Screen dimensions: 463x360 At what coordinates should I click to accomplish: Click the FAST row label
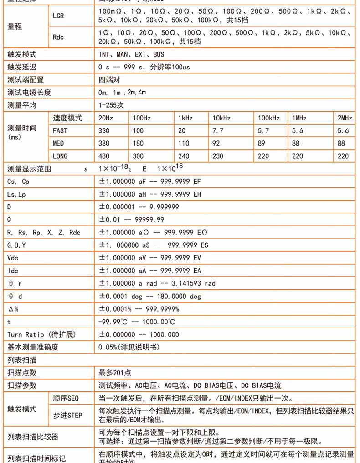click(x=60, y=130)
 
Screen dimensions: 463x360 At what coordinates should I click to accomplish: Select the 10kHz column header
click(x=221, y=118)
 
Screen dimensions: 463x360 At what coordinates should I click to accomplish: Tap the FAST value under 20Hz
click(x=104, y=130)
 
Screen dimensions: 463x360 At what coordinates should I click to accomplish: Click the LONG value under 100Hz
click(x=138, y=156)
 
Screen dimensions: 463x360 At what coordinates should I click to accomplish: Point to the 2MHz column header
click(x=345, y=118)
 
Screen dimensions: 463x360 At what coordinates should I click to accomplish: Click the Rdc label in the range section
click(x=58, y=37)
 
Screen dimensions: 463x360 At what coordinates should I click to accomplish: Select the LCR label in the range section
click(x=58, y=16)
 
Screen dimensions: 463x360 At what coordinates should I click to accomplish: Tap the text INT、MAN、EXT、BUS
click(x=131, y=54)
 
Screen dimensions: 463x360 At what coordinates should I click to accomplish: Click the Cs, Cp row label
click(x=18, y=182)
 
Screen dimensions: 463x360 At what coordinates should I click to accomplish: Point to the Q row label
click(x=10, y=219)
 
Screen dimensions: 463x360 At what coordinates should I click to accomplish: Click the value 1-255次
click(x=111, y=105)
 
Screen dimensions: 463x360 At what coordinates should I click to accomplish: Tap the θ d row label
click(x=15, y=296)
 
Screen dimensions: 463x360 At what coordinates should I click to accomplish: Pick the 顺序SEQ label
click(x=66, y=398)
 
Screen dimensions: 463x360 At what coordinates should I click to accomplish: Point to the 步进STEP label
click(x=67, y=415)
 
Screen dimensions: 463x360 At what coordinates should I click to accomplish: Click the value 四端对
click(x=109, y=80)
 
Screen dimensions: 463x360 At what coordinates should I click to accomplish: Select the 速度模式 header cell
click(x=67, y=118)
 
